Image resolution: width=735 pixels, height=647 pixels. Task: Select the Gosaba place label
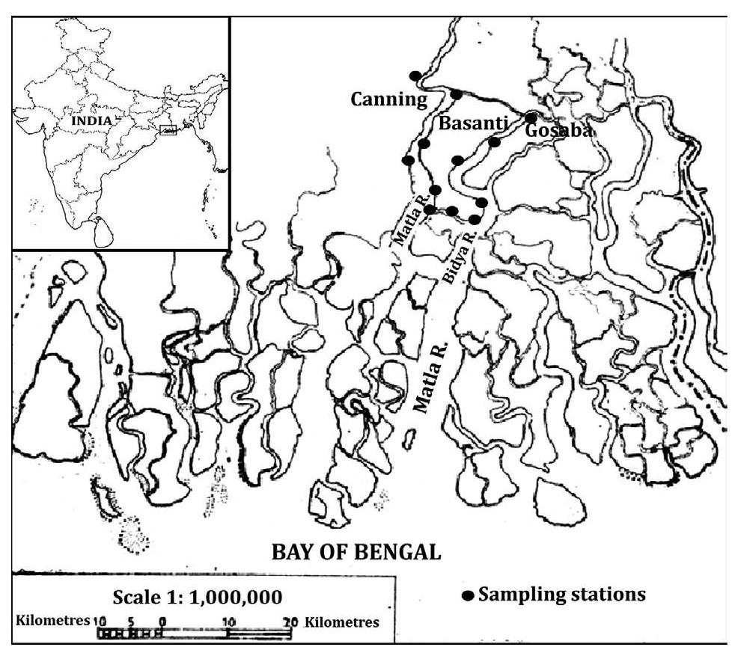pos(559,130)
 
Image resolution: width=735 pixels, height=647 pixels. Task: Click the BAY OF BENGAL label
pos(356,553)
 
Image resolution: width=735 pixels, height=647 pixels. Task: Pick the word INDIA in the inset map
pos(92,120)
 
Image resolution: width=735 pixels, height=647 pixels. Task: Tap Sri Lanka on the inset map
pos(103,230)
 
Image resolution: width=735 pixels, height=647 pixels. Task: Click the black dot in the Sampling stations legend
pos(469,596)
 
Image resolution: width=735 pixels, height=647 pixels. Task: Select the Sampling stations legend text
pos(561,595)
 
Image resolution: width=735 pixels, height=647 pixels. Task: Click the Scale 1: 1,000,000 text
pos(197,597)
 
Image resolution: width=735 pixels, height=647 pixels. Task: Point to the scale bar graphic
pos(195,634)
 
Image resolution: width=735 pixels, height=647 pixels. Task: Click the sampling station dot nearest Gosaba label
pos(531,117)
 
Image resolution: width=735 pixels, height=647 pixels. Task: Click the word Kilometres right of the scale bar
pos(342,622)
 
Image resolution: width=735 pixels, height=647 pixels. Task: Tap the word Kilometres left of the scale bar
pos(52,622)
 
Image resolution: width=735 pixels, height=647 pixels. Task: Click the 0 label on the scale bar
pos(162,622)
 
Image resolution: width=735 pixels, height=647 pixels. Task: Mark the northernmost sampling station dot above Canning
pos(415,76)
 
